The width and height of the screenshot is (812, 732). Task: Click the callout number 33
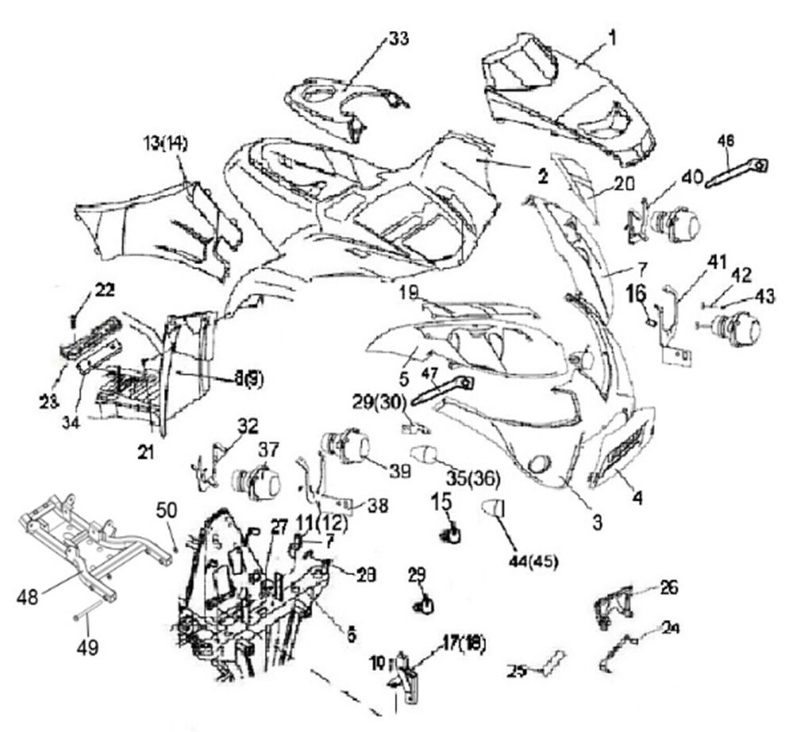coord(398,38)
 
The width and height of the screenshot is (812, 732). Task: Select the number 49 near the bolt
coord(87,648)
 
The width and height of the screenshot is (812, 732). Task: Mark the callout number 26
coord(669,588)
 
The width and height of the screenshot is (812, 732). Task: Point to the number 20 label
coord(625,183)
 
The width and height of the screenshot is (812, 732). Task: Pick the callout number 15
coord(442,501)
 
